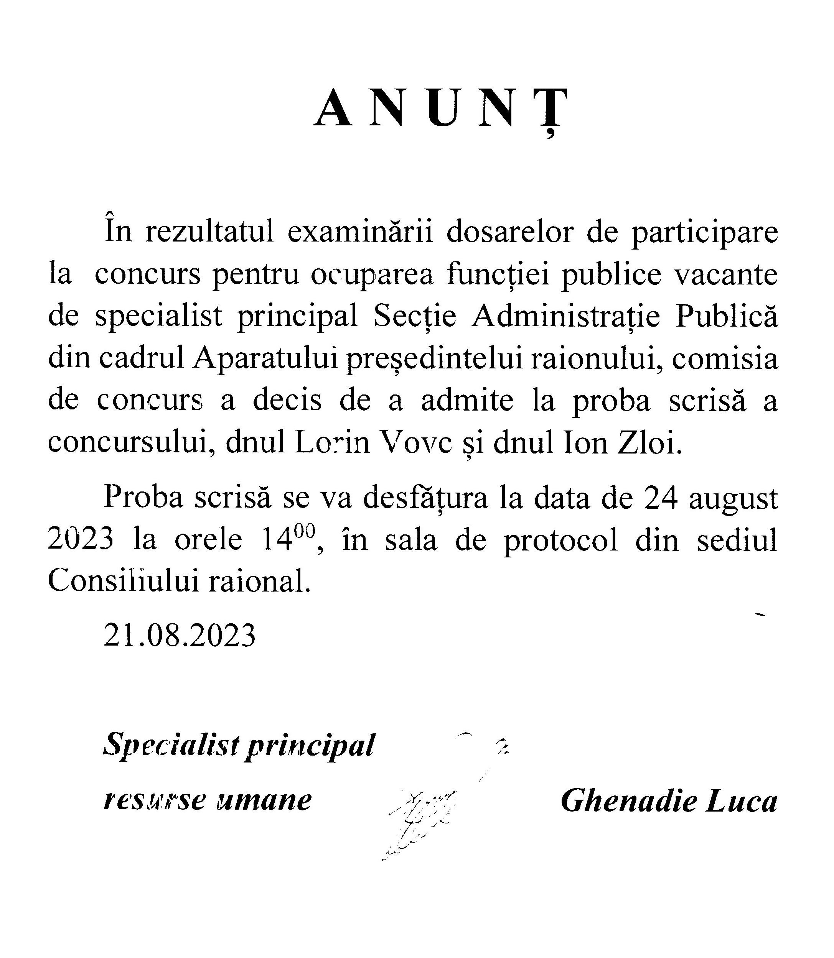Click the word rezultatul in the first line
coord(209,233)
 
